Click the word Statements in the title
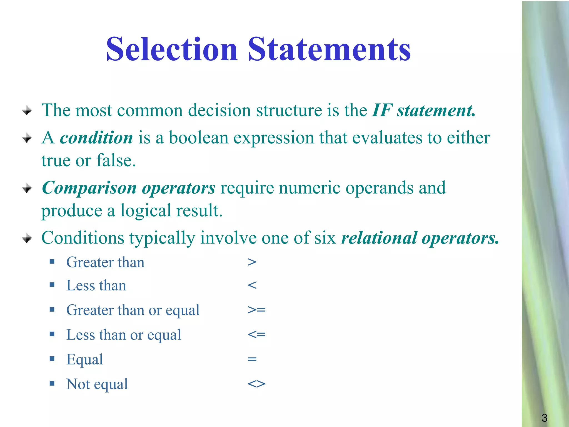329,49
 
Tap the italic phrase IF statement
423,110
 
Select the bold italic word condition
96,138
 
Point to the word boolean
199,138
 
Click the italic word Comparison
89,188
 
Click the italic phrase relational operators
420,238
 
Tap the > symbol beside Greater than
252,262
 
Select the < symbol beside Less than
252,285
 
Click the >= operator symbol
256,310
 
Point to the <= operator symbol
256,334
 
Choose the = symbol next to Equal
252,359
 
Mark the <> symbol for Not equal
256,384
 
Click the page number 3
544,418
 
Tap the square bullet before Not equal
52,384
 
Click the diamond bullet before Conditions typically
27,238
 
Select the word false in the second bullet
116,161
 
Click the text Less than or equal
124,335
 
